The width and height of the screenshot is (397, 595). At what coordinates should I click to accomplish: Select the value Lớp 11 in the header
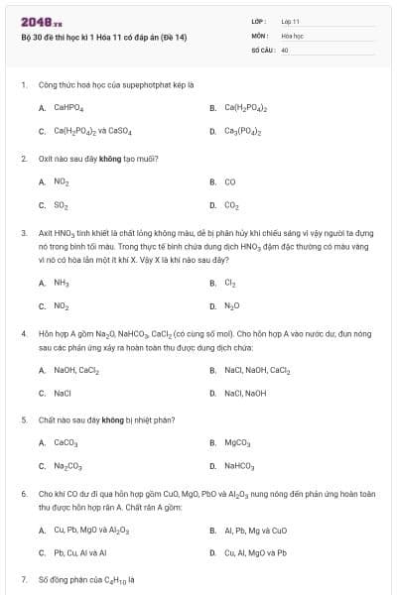(290, 20)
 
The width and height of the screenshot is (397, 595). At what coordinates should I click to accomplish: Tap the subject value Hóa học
(291, 35)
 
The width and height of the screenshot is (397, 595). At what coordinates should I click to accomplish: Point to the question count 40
(285, 49)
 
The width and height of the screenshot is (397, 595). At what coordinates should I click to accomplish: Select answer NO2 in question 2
(62, 181)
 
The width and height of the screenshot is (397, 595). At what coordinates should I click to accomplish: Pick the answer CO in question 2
(230, 181)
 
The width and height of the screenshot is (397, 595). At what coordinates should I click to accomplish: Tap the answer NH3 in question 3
(62, 283)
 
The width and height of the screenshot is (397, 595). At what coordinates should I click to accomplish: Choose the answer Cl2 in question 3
(230, 283)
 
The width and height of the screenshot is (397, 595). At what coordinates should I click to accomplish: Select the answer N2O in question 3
(232, 306)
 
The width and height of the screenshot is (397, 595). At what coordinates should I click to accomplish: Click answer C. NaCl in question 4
(63, 393)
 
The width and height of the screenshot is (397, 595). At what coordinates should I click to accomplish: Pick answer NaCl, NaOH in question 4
(245, 393)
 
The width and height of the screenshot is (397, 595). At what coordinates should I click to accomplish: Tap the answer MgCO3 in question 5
(237, 442)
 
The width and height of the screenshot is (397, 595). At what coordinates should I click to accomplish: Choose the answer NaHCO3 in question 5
(239, 466)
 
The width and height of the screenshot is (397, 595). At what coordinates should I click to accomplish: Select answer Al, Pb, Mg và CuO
(255, 530)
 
